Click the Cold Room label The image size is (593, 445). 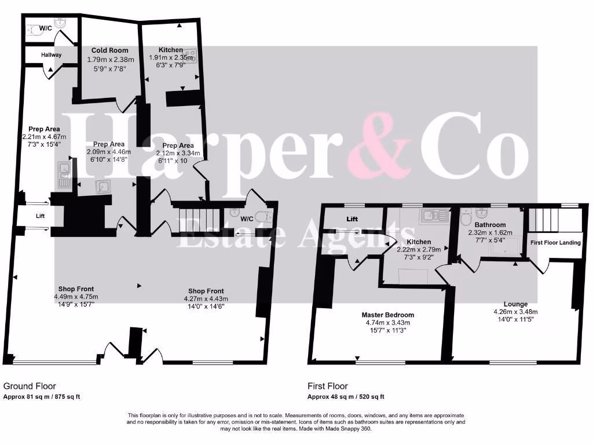coord(110,50)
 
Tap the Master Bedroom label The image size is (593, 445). coord(389,315)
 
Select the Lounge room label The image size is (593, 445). coord(515,304)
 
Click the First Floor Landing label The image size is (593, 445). coord(555,242)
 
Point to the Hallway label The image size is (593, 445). coord(51,55)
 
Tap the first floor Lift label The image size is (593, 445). coord(352,220)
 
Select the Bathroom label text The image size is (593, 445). coord(490,225)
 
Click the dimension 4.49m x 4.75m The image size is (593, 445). coord(73,297)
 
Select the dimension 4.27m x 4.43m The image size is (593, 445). coord(206,299)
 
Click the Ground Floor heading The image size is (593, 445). coord(30,386)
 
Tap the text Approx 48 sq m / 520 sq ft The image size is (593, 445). coord(345,397)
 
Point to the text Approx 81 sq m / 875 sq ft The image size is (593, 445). coord(42,397)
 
